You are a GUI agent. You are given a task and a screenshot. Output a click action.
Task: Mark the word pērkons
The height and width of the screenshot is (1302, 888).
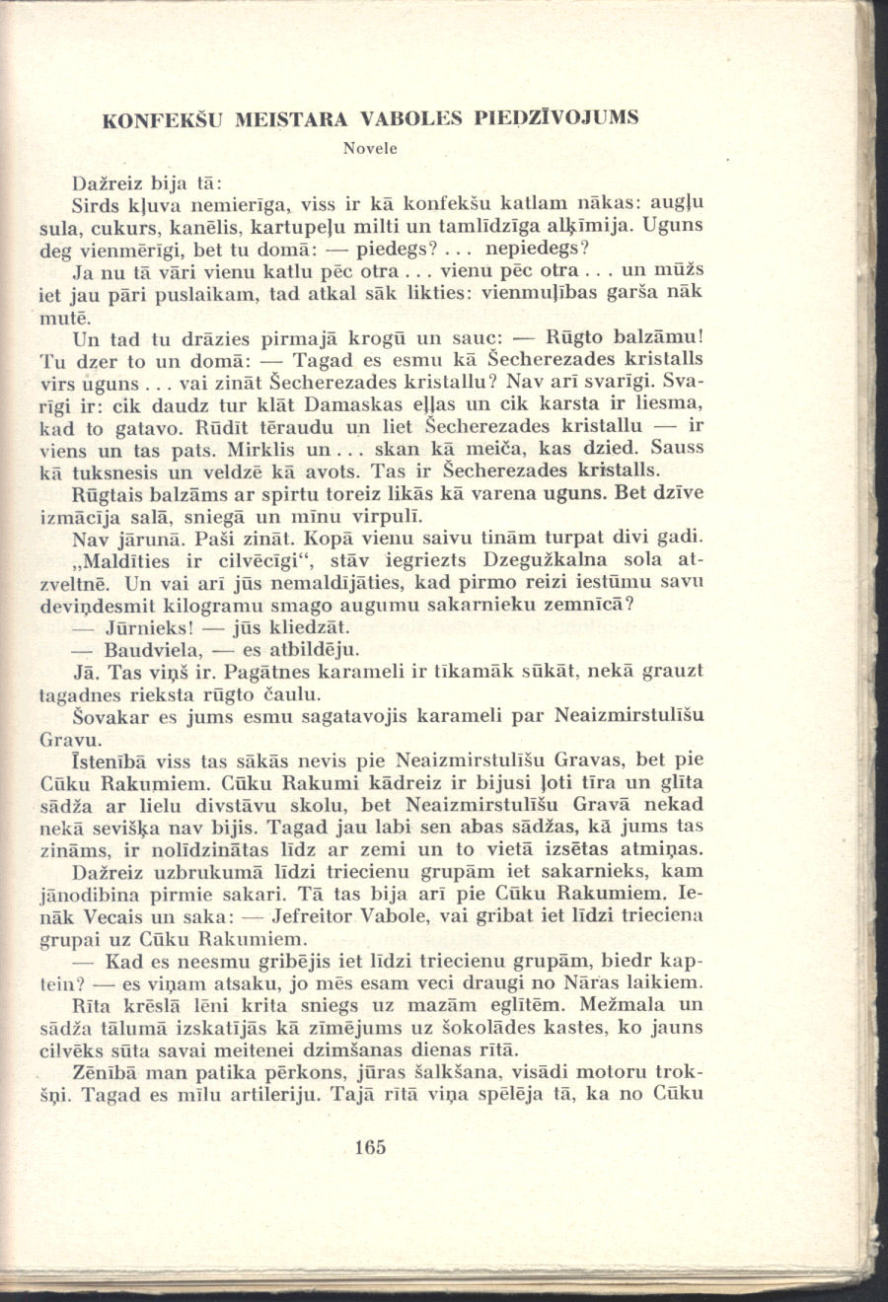click(x=338, y=1071)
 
